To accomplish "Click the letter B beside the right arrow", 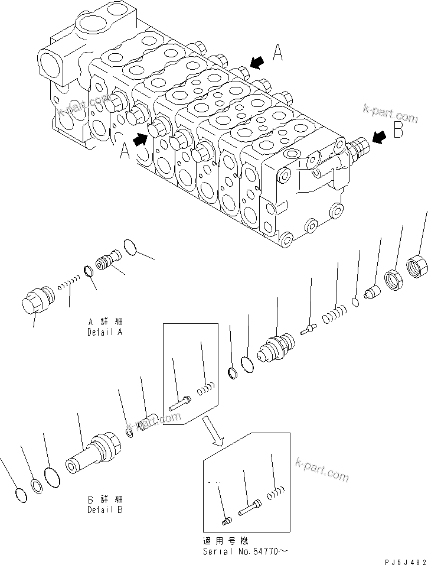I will pyautogui.click(x=398, y=131).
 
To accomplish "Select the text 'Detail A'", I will pyautogui.click(x=104, y=333).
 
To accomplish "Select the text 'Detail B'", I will pyautogui.click(x=104, y=509).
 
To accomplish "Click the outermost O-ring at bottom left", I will pyautogui.click(x=19, y=495).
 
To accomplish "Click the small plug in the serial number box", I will pyautogui.click(x=226, y=519).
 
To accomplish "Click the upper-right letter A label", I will pyautogui.click(x=278, y=55).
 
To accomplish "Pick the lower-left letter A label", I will pyautogui.click(x=125, y=153).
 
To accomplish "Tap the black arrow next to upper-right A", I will pyautogui.click(x=257, y=61).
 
